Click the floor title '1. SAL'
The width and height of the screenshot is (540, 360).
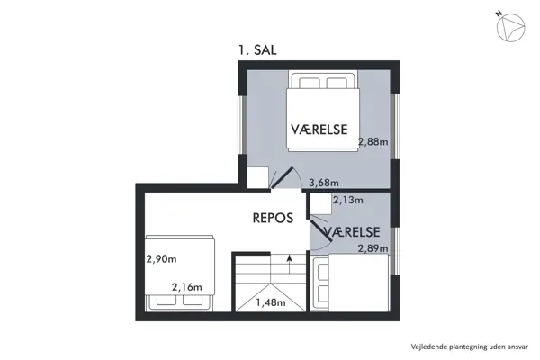tap(258, 52)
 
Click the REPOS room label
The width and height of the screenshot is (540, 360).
tap(272, 217)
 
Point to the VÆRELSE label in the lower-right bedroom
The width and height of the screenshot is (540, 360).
tap(355, 233)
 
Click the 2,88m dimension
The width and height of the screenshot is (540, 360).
tap(373, 141)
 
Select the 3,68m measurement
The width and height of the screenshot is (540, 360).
tap(323, 184)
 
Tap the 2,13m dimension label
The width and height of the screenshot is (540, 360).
tap(348, 201)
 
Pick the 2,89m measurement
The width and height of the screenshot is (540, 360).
tap(373, 248)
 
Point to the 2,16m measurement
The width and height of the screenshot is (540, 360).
tap(187, 288)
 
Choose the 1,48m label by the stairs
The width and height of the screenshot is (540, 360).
tap(271, 301)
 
